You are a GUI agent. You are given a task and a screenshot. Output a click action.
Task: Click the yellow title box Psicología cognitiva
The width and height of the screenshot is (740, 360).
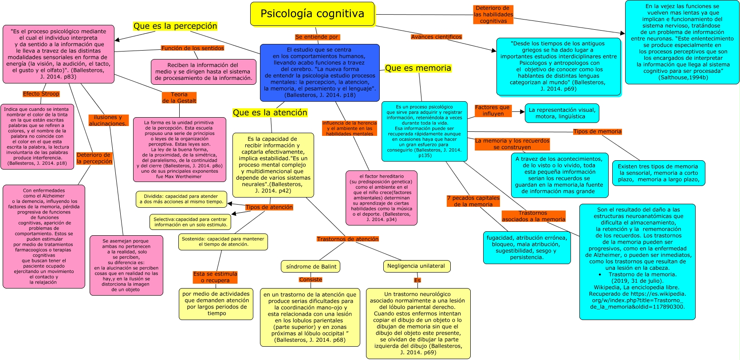(x=312, y=14)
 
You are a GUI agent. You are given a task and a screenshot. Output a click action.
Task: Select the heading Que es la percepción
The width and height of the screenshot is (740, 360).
(x=175, y=26)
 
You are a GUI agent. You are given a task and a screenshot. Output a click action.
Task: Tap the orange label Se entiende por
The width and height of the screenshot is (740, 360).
(x=317, y=37)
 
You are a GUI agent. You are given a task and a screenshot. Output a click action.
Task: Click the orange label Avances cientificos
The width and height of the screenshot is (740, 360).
(x=437, y=37)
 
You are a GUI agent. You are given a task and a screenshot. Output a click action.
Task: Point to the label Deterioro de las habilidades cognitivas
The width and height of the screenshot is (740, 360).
(x=493, y=15)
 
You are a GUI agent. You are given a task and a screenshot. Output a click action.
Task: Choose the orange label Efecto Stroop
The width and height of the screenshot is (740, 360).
(x=41, y=94)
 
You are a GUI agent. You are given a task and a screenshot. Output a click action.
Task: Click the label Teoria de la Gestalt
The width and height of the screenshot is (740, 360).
(x=179, y=98)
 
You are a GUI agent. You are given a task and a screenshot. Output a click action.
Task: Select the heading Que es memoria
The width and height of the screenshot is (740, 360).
(x=418, y=68)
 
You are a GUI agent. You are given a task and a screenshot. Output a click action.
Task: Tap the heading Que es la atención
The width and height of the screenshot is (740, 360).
(x=270, y=113)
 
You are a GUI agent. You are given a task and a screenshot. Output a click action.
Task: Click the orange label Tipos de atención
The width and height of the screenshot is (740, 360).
(x=269, y=207)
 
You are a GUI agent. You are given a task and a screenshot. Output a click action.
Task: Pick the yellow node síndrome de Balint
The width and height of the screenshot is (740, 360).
(x=311, y=266)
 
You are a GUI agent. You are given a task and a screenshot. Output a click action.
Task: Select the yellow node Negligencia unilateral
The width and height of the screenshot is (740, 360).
(x=417, y=266)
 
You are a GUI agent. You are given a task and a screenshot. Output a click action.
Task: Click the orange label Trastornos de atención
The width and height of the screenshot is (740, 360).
(x=347, y=239)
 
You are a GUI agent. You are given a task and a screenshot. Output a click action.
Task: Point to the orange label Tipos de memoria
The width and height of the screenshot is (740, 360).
(x=597, y=131)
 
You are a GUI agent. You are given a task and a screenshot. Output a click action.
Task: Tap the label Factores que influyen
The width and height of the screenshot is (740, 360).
(x=493, y=111)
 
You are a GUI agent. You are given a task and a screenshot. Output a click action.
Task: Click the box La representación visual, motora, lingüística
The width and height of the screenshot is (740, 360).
(x=562, y=113)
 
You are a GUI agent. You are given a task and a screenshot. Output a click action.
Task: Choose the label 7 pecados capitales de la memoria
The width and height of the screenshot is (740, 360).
(x=473, y=201)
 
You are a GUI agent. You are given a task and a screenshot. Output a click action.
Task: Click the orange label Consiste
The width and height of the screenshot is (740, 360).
(x=311, y=280)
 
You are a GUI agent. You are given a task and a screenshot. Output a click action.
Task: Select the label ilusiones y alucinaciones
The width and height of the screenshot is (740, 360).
(x=108, y=120)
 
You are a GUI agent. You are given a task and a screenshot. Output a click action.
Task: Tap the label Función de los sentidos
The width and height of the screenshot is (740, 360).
(x=192, y=48)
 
